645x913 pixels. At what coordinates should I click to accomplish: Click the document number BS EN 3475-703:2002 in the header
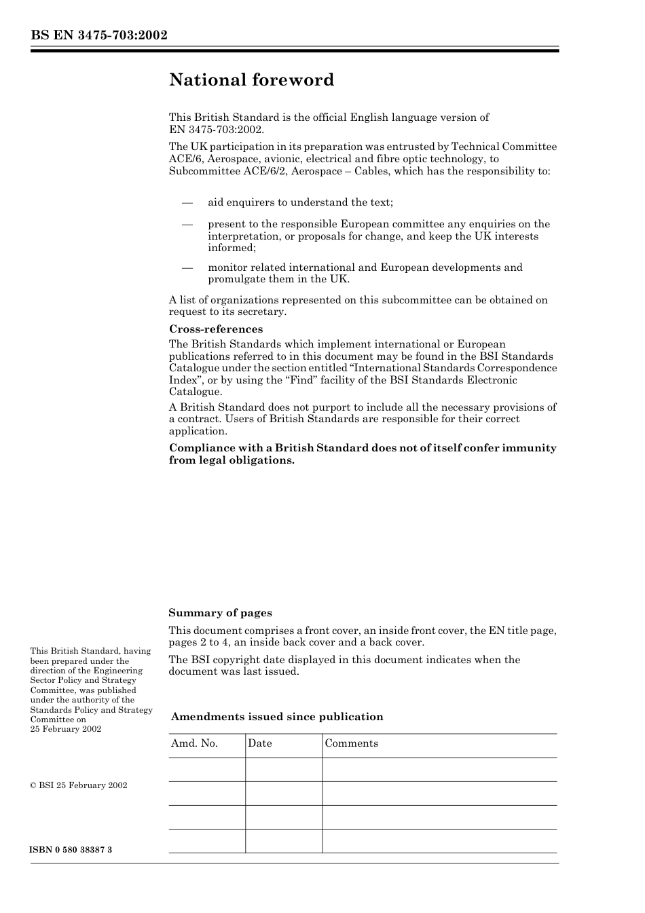[x=98, y=35]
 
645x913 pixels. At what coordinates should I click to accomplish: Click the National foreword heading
[x=251, y=80]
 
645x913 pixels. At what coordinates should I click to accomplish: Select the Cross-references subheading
[x=216, y=329]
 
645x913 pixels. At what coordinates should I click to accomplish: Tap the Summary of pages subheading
[x=220, y=613]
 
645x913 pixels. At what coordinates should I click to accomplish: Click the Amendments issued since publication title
[x=277, y=717]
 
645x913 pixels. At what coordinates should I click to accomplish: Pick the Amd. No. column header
[x=194, y=743]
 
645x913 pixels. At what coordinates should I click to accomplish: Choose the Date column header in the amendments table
[x=259, y=743]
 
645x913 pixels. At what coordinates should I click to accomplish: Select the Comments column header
[x=351, y=743]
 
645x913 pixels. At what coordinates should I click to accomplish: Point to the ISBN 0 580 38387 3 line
[x=71, y=850]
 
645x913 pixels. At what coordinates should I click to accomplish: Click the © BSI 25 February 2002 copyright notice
[x=79, y=785]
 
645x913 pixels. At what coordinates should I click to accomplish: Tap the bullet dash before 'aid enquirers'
[x=187, y=202]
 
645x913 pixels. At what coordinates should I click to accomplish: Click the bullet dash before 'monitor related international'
[x=187, y=267]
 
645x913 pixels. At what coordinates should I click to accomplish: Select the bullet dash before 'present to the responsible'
[x=187, y=224]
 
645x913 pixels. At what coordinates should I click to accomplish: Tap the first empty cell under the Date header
[x=283, y=770]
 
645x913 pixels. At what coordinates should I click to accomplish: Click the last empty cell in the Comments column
[x=439, y=841]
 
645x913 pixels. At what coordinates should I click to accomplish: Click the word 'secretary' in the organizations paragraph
[x=263, y=312]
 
